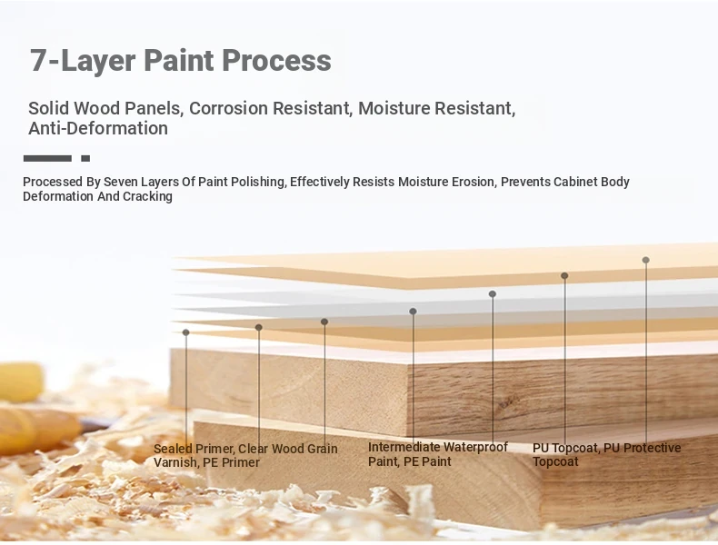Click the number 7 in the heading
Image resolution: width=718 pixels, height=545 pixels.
(38, 60)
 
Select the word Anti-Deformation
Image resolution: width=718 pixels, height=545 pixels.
(98, 129)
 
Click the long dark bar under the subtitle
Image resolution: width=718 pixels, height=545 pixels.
(47, 158)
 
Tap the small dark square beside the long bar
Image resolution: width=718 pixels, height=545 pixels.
(85, 158)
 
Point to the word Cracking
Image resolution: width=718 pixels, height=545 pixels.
(147, 197)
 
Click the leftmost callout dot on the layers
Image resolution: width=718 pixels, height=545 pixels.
(185, 332)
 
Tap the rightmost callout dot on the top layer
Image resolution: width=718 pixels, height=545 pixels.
(645, 260)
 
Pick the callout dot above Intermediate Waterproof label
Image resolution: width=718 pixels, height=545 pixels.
(413, 312)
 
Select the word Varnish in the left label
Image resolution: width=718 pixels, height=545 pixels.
(174, 462)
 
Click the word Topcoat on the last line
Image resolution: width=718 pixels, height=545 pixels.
(555, 461)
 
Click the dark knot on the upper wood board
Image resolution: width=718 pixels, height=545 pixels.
(508, 402)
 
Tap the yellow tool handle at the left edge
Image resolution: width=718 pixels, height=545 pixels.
(21, 381)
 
